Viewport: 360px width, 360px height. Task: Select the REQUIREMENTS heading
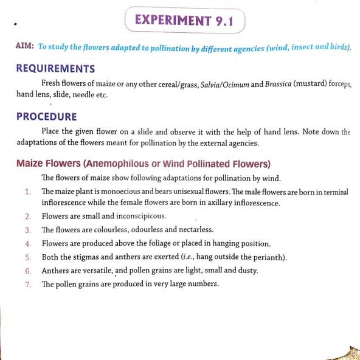55,68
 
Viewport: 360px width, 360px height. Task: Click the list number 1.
28,192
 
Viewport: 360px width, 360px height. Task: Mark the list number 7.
28,285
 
